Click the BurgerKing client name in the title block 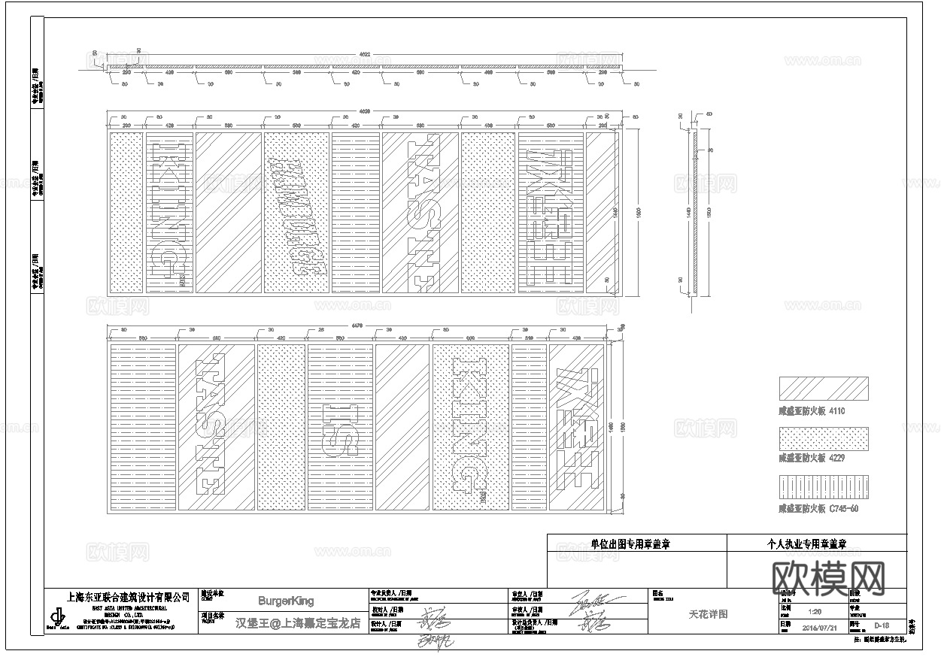[286, 601]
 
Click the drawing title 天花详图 [708, 614]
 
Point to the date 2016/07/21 [819, 627]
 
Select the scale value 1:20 [814, 612]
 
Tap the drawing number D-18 [882, 625]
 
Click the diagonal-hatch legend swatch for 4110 [823, 389]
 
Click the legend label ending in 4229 [812, 458]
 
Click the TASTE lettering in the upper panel [420, 213]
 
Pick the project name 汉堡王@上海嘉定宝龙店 [298, 623]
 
